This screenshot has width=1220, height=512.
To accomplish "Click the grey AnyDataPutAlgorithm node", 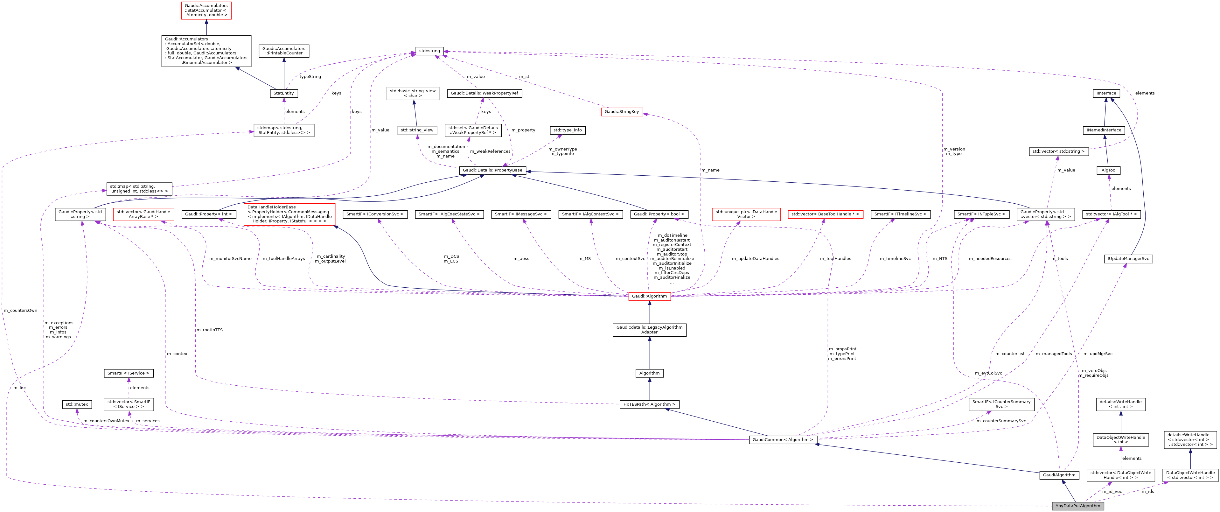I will [1077, 506].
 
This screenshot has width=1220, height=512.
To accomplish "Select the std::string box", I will [429, 51].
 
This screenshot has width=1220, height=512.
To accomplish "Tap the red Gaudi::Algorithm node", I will [649, 296].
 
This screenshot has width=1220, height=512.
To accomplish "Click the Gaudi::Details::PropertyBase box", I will [492, 170].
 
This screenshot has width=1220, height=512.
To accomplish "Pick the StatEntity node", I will [284, 93].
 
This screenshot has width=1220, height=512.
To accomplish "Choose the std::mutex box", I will [77, 404].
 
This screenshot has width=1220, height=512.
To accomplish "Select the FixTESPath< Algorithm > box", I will [649, 404].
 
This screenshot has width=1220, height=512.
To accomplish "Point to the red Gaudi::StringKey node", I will [622, 112].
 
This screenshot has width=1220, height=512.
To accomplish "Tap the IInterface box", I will [1106, 93].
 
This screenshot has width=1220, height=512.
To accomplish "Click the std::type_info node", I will [568, 130].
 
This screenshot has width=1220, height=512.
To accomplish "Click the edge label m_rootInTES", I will [209, 330].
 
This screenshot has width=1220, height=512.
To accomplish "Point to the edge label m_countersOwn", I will [20, 311].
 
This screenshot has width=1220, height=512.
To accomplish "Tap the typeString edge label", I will [310, 77].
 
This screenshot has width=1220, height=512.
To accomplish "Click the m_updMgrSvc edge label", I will [1098, 354].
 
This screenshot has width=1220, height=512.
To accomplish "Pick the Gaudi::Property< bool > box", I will [659, 214].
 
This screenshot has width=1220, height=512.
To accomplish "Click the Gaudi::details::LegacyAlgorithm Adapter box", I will [649, 330].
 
